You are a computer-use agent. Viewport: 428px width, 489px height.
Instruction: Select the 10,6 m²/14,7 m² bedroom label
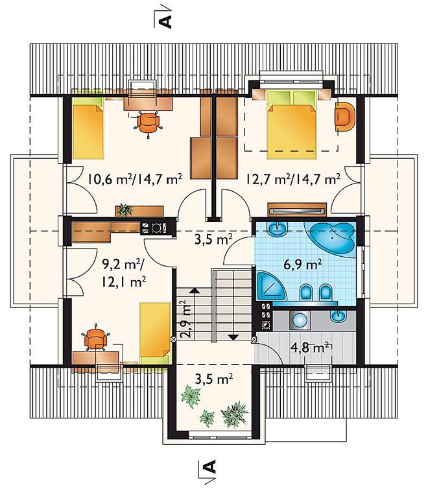click(135, 179)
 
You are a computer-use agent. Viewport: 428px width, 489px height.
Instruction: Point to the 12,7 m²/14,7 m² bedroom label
click(293, 179)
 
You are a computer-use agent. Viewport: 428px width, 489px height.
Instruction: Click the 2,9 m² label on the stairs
click(185, 319)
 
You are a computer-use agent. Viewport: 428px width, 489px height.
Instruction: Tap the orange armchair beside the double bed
click(345, 117)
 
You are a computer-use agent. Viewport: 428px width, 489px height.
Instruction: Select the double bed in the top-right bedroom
click(292, 124)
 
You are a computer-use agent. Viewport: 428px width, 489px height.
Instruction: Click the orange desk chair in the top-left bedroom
click(149, 122)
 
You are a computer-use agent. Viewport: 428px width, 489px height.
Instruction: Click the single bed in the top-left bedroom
click(88, 127)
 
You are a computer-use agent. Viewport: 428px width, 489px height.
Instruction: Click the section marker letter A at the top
click(165, 21)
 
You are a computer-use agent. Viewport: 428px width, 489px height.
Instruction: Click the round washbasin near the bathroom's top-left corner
click(277, 230)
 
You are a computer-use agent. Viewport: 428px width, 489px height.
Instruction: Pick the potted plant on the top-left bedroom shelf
click(124, 210)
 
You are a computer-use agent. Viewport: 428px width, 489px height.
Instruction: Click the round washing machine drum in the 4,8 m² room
click(300, 320)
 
